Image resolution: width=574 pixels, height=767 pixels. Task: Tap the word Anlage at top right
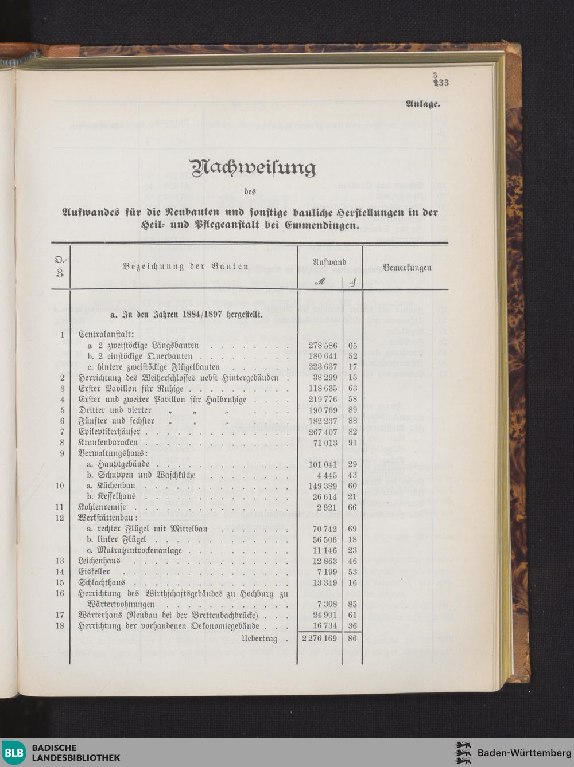click(423, 104)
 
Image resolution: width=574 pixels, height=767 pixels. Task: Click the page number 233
click(441, 83)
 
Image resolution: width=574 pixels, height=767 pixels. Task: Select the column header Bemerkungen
click(406, 267)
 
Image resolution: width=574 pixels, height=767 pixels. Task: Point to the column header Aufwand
click(329, 261)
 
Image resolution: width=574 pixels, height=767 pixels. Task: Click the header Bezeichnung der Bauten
click(185, 266)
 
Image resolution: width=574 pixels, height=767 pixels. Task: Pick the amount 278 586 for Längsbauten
click(323, 346)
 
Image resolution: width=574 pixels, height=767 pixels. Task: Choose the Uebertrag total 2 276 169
click(319, 638)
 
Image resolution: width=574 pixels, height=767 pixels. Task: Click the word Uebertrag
click(259, 638)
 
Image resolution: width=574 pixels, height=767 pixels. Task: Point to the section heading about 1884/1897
click(186, 314)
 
